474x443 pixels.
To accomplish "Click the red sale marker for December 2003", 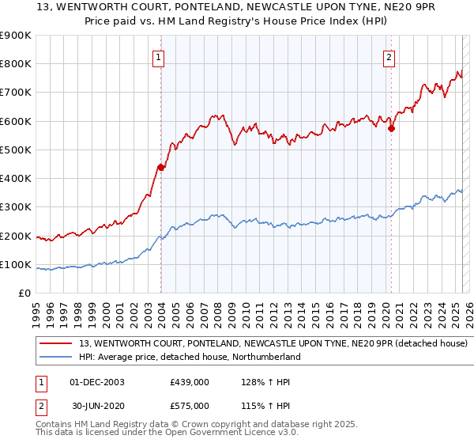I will (161, 167).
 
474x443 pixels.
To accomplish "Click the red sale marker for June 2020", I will (392, 128).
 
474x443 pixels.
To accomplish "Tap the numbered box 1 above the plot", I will (159, 57).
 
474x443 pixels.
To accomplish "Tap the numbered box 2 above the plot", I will (389, 57).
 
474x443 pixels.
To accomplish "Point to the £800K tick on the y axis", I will (17, 64).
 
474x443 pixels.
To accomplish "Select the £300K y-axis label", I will (17, 207).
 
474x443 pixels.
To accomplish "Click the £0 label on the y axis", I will (24, 293).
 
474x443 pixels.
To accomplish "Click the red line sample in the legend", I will (57, 343).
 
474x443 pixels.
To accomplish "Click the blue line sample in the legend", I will (57, 357).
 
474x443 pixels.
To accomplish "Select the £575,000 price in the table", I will (189, 405).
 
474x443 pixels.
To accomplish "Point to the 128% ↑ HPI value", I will (259, 382).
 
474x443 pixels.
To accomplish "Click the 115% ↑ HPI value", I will (259, 405).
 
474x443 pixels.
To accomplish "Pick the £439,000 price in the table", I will (189, 382).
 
